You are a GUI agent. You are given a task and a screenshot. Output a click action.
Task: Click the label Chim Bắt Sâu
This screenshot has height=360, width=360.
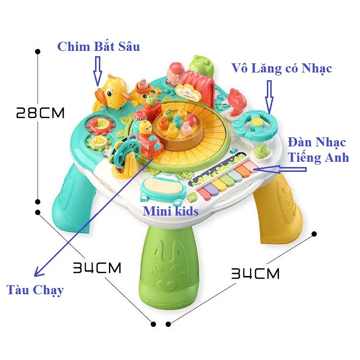point(98,47)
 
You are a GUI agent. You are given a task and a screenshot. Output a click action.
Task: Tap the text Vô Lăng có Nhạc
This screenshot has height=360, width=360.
point(281,68)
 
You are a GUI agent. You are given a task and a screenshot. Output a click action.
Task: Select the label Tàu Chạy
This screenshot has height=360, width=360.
point(35,290)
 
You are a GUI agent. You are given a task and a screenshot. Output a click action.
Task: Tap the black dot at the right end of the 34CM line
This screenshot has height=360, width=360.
point(314,234)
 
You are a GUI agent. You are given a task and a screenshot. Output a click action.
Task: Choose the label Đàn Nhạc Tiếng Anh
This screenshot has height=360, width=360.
point(318,149)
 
